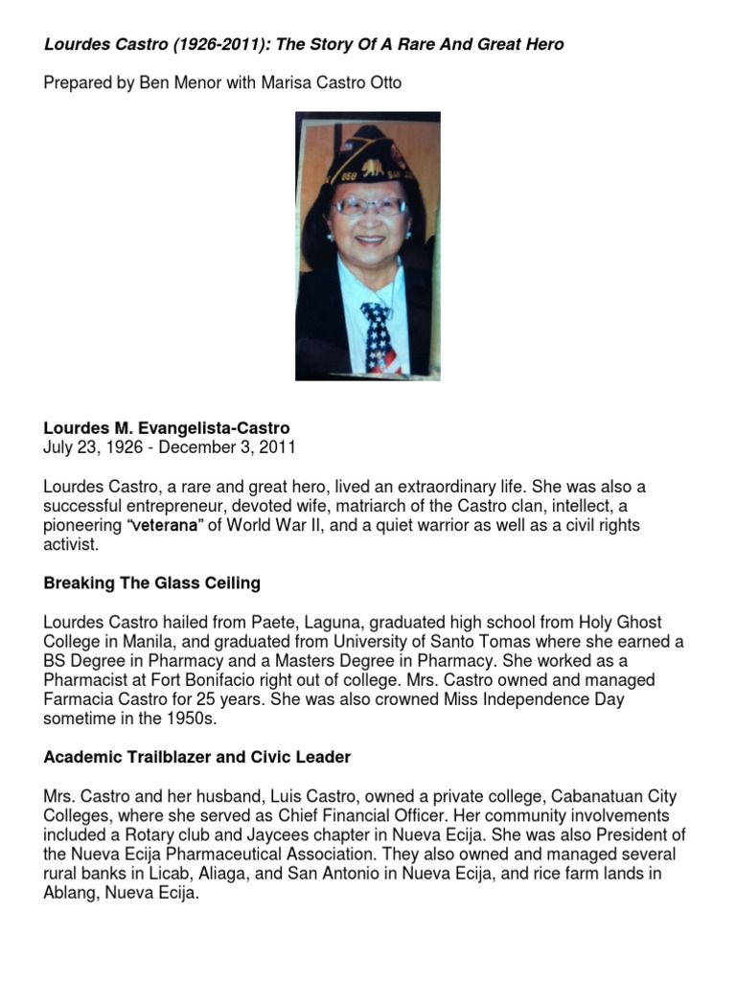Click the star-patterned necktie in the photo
point(378,335)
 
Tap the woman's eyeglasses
point(370,207)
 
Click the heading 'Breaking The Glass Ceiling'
point(152,583)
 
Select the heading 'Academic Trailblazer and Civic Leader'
point(197,757)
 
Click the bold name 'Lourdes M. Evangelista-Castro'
point(166,427)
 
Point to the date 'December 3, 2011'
point(240,446)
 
